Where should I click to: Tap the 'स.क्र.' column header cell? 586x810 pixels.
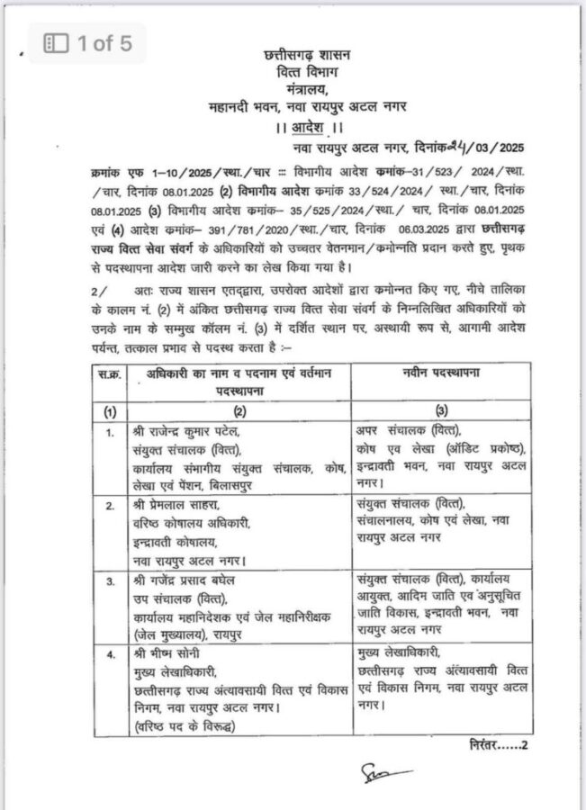(108, 377)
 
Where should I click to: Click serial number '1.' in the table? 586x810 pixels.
(109, 432)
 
